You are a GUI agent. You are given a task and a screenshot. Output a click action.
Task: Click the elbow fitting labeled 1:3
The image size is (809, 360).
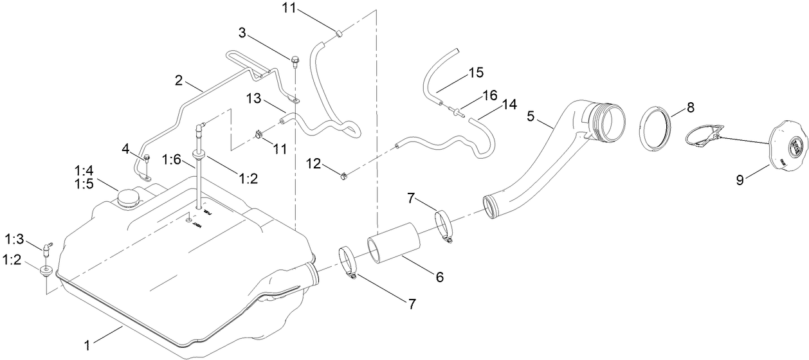pos(47,247)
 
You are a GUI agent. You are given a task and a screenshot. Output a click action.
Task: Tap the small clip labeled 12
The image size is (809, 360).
pos(344,173)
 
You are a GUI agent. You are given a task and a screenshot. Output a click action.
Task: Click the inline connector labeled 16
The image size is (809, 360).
pos(456,113)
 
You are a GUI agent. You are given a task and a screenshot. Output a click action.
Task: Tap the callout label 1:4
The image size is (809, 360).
pos(84,171)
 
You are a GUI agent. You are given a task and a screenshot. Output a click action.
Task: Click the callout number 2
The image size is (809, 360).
pos(179,81)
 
